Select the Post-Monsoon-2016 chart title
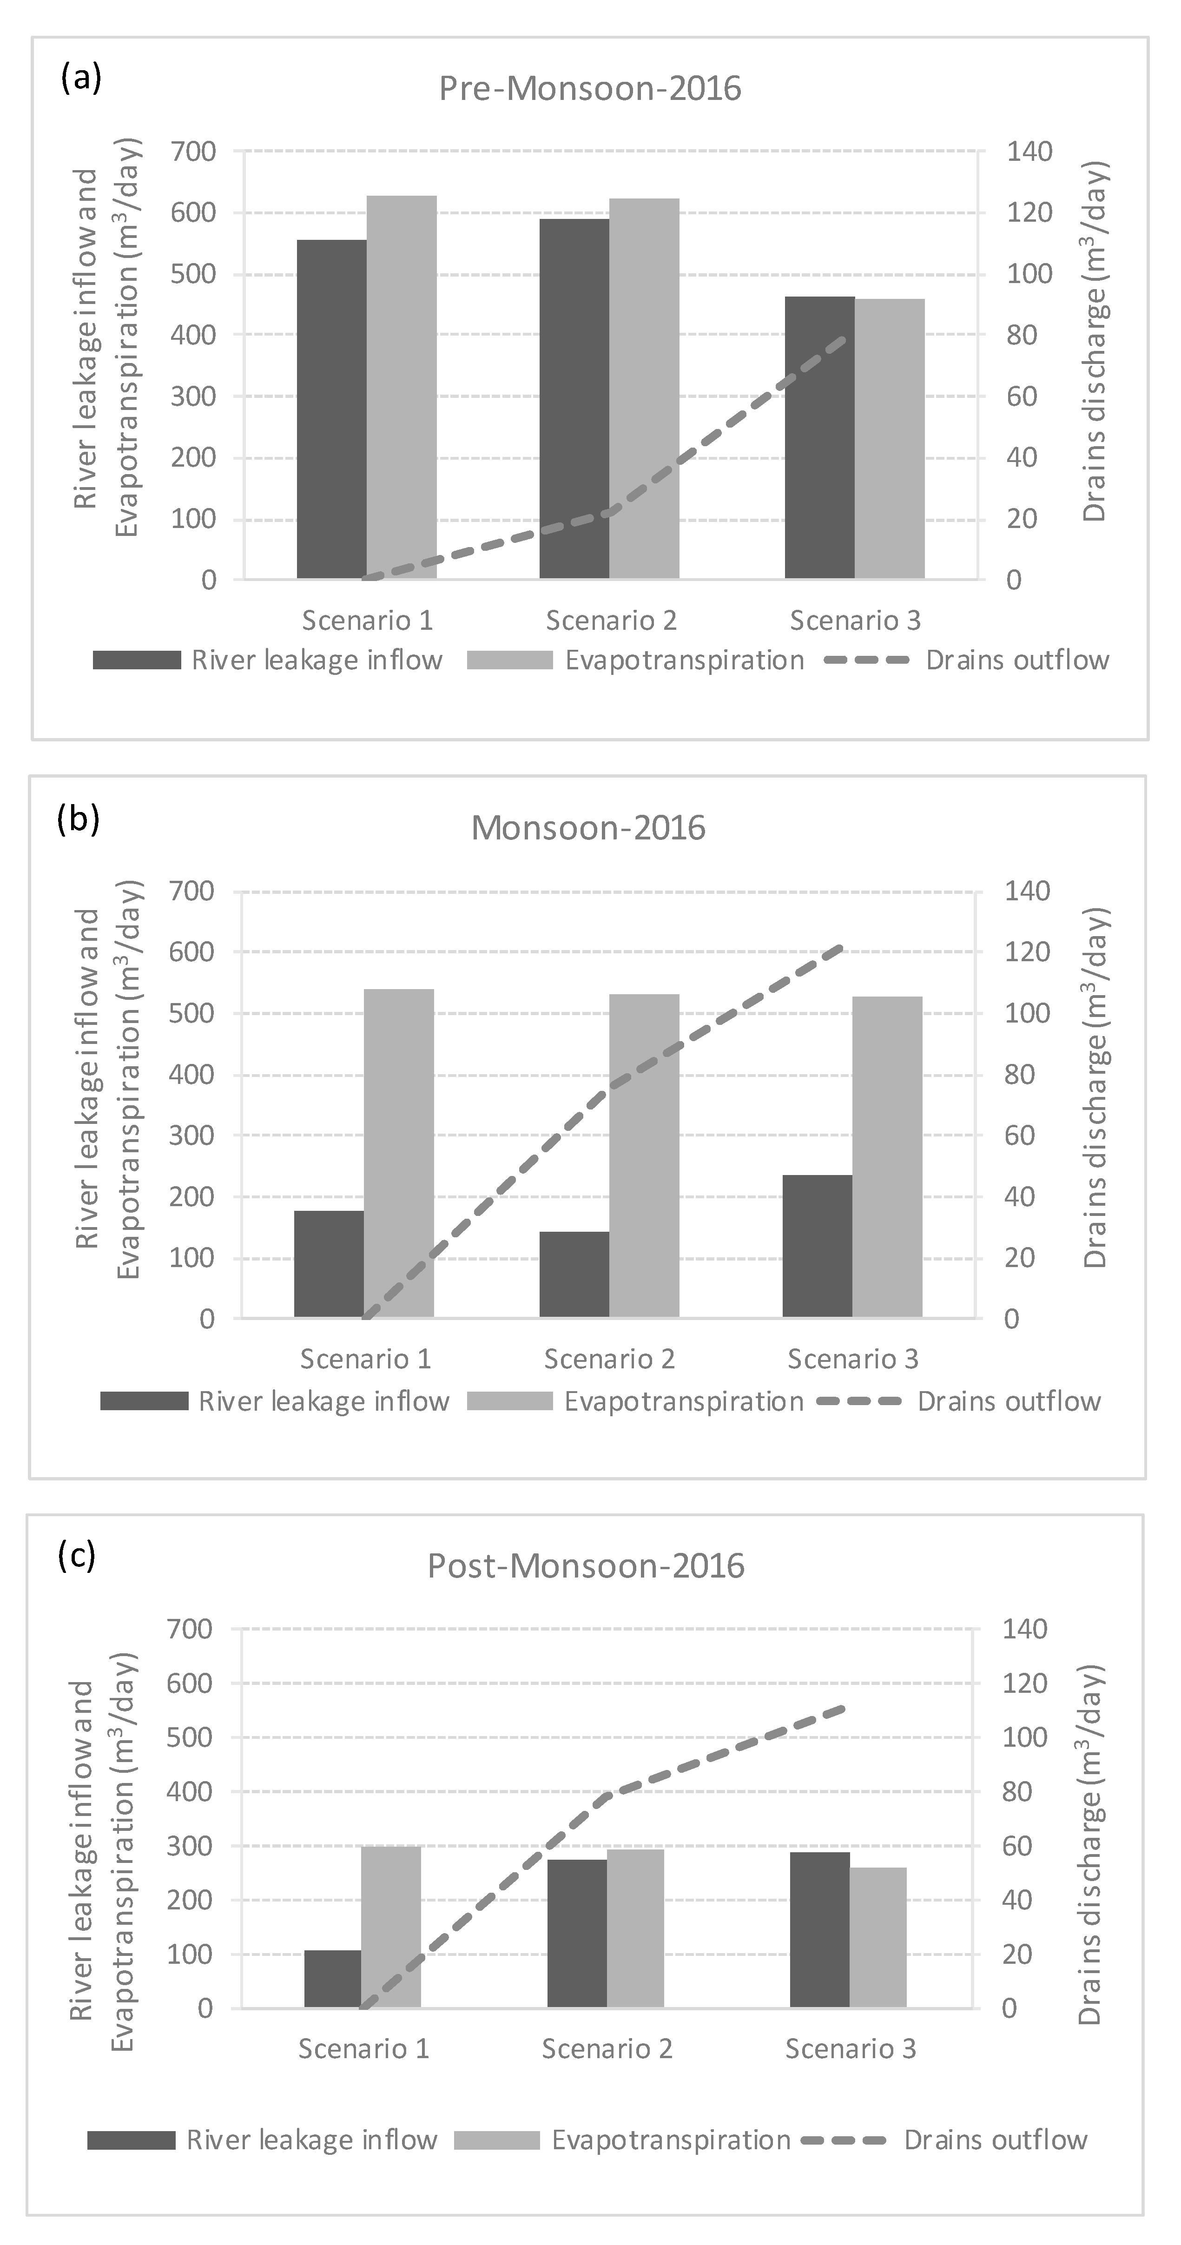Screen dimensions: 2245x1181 pos(586,1566)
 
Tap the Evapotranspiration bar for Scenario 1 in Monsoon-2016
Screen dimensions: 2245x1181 pos(398,1153)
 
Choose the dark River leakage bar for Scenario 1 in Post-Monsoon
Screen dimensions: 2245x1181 pos(332,1978)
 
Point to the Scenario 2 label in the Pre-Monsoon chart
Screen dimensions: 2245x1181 pos(611,621)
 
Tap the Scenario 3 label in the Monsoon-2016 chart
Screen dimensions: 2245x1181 pos(852,1360)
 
